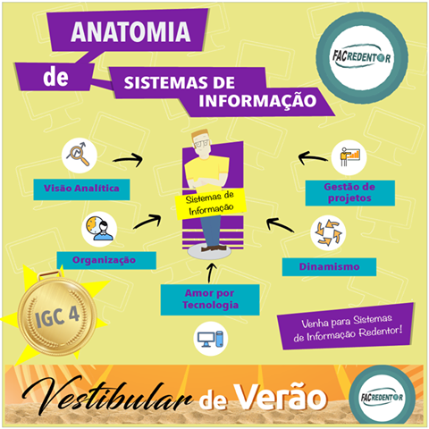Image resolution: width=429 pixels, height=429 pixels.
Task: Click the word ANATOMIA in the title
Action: [x=130, y=31]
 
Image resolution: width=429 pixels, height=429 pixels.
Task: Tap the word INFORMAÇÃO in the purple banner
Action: [x=257, y=101]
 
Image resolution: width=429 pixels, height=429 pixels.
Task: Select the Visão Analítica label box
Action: [x=81, y=189]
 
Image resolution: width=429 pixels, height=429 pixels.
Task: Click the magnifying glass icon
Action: [x=80, y=156]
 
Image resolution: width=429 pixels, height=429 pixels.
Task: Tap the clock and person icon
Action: [x=99, y=229]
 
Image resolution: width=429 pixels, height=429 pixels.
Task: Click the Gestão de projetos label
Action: [x=350, y=193]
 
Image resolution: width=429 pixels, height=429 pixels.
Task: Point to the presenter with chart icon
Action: [x=349, y=157]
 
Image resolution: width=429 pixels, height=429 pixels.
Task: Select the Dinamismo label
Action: [x=329, y=266]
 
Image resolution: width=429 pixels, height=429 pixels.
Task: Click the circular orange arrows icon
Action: [x=328, y=233]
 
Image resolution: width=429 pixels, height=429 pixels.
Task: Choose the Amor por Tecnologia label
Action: [x=210, y=299]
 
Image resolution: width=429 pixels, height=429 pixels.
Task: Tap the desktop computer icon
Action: [x=211, y=339]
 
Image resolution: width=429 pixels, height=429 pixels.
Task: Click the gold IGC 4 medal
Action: [x=56, y=315]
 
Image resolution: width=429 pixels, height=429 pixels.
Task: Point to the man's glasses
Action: [x=202, y=144]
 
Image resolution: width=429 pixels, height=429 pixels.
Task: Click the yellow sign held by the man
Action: [x=210, y=203]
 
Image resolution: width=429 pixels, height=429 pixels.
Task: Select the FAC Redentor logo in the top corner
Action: [x=362, y=58]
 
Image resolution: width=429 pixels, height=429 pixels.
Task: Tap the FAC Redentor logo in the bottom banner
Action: [x=382, y=397]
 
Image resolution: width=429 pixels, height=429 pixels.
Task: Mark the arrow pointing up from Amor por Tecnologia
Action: [x=211, y=273]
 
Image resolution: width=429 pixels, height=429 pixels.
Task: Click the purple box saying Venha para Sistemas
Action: [x=347, y=327]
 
